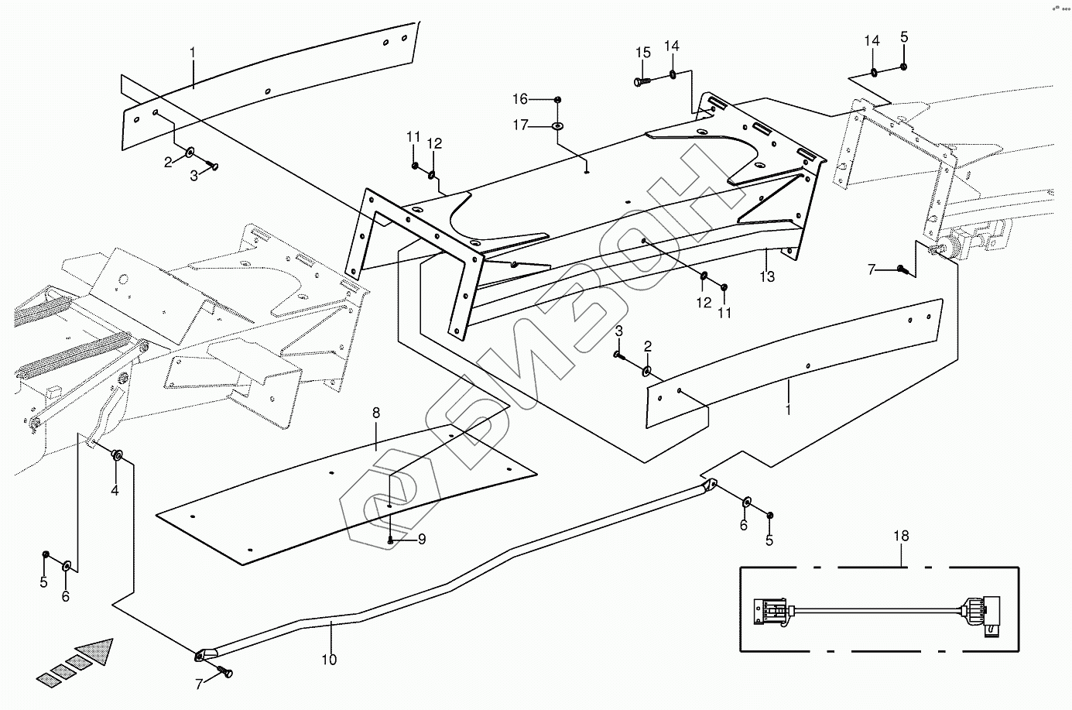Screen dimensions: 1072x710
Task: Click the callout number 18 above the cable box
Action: [x=901, y=536]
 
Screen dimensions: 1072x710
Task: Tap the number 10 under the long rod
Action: [x=329, y=660]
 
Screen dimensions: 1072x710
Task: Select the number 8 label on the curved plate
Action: [x=376, y=413]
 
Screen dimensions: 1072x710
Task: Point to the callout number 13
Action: [x=767, y=276]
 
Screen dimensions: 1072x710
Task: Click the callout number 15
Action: [x=643, y=53]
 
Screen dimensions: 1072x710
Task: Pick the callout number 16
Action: [x=520, y=99]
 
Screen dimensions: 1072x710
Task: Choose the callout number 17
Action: [x=520, y=125]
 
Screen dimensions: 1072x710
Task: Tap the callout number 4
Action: [x=115, y=490]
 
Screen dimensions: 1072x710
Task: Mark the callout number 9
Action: [x=422, y=540]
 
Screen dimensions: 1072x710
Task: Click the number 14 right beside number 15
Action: [x=672, y=46]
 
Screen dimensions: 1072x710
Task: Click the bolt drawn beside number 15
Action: [x=641, y=82]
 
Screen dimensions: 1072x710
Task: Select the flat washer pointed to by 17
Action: [x=557, y=126]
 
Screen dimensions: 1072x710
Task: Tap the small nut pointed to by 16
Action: [x=557, y=100]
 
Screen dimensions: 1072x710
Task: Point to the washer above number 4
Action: [x=117, y=454]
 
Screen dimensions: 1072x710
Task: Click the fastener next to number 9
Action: [x=391, y=540]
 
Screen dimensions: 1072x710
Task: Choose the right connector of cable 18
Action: [x=981, y=614]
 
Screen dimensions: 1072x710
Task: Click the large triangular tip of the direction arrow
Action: [x=98, y=650]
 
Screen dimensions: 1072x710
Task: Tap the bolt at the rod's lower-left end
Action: [x=225, y=671]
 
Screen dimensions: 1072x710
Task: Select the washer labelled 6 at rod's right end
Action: [x=746, y=502]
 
